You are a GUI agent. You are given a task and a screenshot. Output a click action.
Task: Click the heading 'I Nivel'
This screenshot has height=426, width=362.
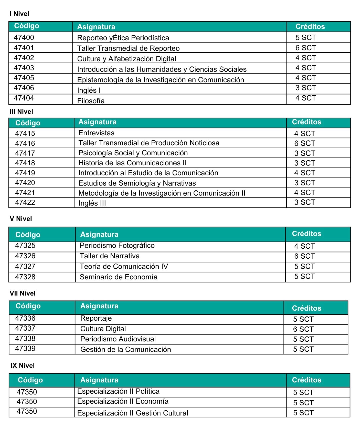(x=19, y=14)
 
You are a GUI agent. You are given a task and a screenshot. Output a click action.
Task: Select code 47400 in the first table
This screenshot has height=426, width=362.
(x=24, y=37)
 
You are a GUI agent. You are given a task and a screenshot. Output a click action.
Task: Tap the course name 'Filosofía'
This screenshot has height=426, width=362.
(x=91, y=101)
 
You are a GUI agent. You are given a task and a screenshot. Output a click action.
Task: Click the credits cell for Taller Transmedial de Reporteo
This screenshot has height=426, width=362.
(x=306, y=48)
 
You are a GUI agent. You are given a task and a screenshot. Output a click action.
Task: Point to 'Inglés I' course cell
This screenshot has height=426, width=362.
(x=89, y=90)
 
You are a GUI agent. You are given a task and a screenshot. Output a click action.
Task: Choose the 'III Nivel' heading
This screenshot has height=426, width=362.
(x=22, y=111)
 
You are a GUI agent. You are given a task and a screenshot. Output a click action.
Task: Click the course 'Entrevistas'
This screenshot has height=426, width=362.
(x=96, y=133)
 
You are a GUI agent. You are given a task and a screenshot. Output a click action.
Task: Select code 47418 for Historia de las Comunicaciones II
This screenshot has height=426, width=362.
(x=25, y=163)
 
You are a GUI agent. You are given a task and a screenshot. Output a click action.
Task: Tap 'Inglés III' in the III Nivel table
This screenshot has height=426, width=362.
(x=92, y=203)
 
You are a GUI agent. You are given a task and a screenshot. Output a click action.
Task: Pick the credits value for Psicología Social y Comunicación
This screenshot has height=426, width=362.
(x=304, y=153)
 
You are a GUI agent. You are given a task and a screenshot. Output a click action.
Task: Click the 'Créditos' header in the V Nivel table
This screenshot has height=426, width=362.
(x=307, y=234)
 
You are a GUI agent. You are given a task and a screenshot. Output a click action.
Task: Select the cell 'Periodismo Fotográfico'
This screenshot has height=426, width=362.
(x=117, y=246)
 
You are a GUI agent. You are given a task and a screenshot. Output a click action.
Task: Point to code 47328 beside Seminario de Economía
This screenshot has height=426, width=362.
(x=25, y=277)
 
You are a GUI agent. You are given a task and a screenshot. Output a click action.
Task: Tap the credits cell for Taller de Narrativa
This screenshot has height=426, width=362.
(x=304, y=256)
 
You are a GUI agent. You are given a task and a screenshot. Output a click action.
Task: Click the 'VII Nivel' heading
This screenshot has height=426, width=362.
(x=23, y=293)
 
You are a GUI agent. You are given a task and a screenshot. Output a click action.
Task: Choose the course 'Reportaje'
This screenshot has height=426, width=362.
(x=96, y=318)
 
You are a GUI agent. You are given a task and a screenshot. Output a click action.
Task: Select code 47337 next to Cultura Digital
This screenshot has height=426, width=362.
(x=25, y=328)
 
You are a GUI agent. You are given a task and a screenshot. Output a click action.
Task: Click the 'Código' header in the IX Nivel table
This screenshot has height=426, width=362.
(x=30, y=380)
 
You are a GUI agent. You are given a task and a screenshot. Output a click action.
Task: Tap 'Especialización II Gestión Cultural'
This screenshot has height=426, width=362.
(x=133, y=413)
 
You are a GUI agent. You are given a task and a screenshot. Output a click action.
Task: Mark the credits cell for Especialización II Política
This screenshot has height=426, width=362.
(x=303, y=392)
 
